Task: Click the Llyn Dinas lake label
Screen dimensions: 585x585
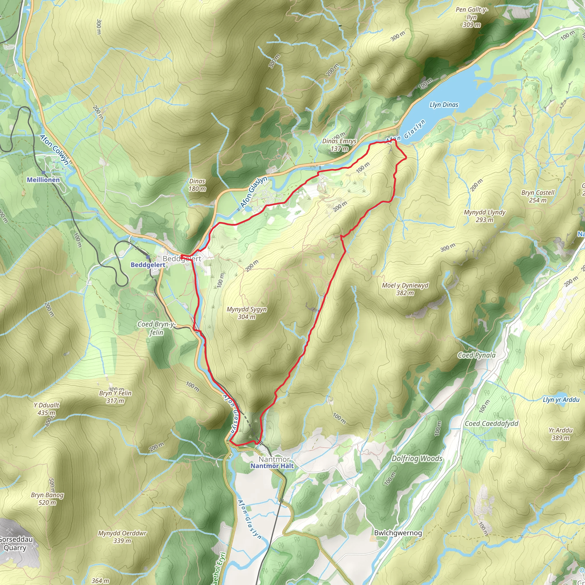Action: (x=444, y=105)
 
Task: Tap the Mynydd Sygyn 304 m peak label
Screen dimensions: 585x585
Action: (x=247, y=313)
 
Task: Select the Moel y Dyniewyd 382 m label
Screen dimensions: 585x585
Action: (x=405, y=289)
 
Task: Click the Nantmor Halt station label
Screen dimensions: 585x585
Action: (x=272, y=466)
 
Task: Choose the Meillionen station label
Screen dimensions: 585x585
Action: (x=43, y=180)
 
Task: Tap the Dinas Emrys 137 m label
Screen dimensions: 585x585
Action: (x=339, y=145)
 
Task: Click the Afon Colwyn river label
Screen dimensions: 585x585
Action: (x=55, y=150)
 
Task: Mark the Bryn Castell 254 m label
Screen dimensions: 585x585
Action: (x=538, y=196)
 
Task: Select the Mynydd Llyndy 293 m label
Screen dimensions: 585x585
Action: (x=484, y=216)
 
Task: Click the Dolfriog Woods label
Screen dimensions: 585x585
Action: (x=417, y=458)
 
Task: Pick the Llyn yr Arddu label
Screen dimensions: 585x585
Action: (x=561, y=400)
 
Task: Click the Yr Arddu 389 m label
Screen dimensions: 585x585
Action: (x=560, y=434)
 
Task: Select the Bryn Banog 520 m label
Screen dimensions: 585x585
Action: (x=47, y=499)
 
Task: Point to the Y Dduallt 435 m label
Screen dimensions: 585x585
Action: (x=46, y=409)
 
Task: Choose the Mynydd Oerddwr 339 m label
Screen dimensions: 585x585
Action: (x=122, y=537)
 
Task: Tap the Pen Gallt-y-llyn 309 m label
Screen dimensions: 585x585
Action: (x=471, y=17)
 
